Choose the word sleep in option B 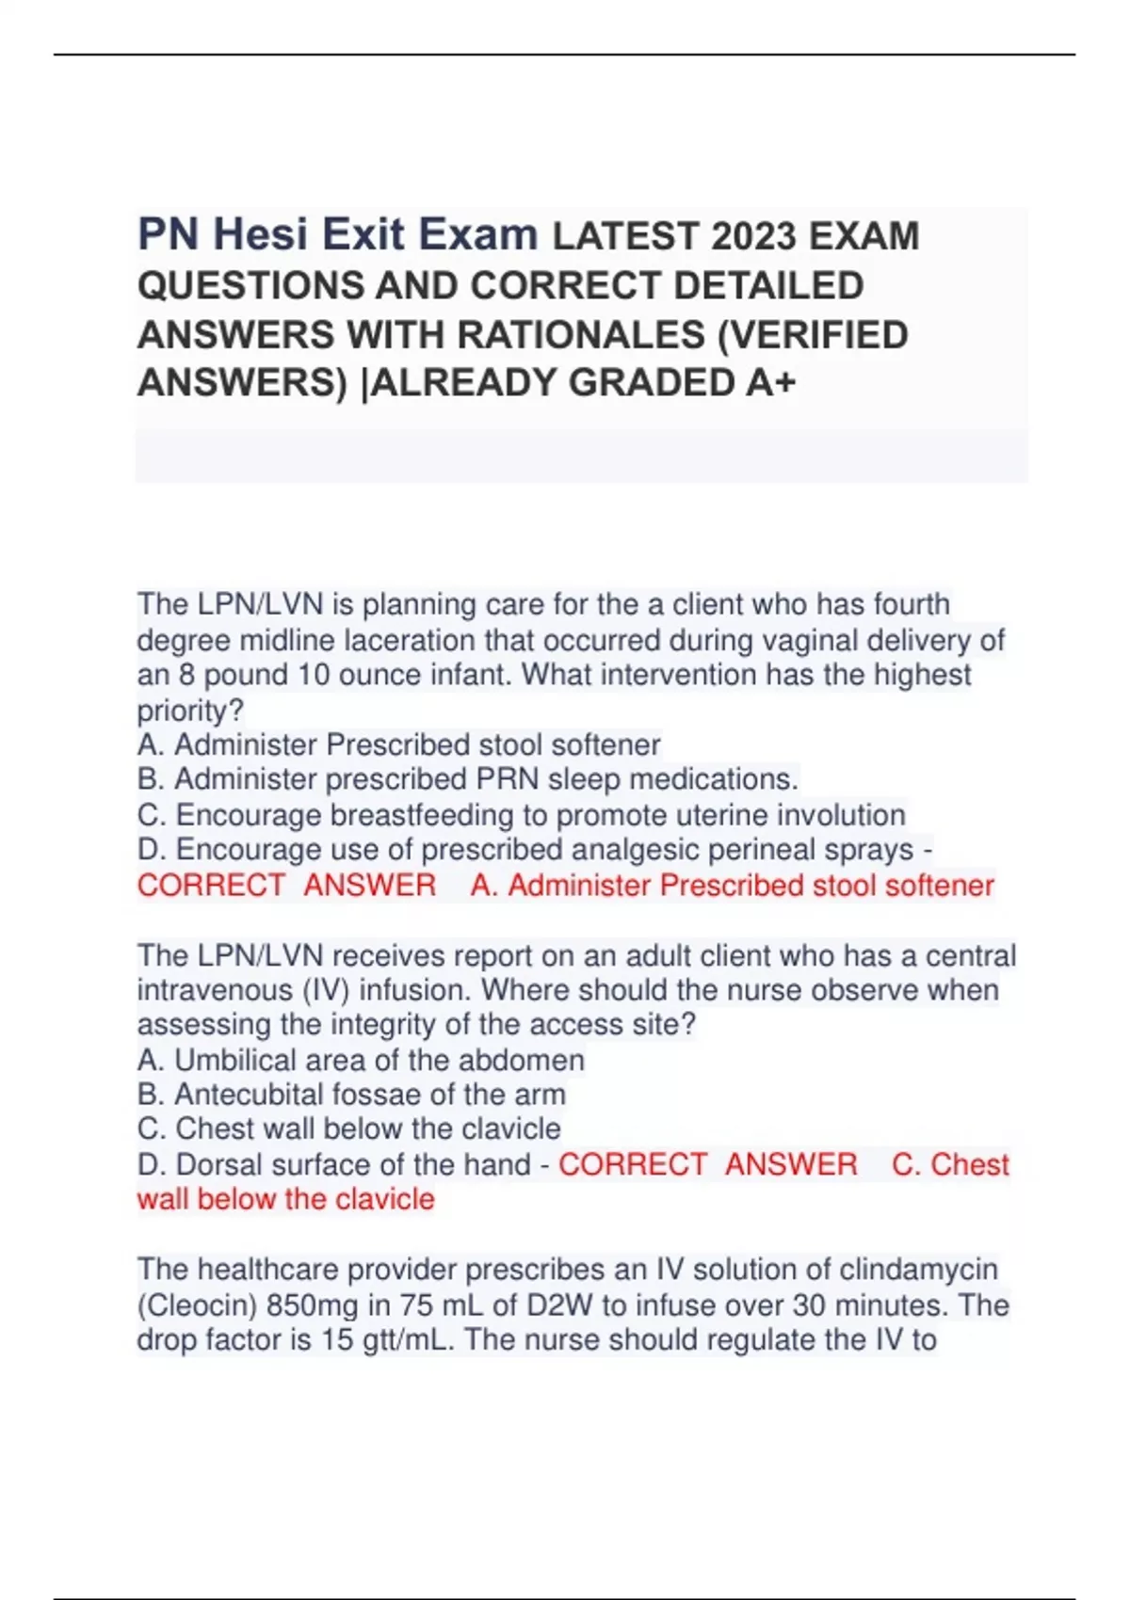(584, 779)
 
